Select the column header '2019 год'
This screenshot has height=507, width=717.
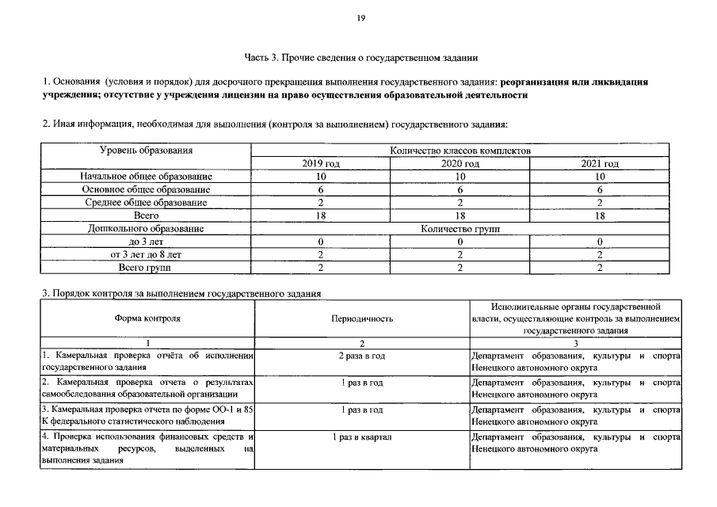321,163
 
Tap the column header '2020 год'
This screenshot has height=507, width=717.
460,163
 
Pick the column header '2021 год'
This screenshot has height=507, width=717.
600,163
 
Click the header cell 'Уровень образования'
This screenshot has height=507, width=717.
147,150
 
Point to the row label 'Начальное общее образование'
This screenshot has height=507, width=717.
147,177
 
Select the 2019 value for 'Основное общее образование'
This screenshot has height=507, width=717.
321,189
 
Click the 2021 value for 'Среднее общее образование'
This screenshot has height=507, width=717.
600,203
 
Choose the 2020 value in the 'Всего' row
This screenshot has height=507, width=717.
460,215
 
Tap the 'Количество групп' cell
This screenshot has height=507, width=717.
460,229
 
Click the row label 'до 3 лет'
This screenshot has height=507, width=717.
147,242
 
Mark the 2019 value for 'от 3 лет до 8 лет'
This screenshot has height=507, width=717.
321,255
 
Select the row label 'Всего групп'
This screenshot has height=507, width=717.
147,268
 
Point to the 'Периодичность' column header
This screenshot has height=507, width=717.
361,318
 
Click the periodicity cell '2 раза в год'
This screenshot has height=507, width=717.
361,356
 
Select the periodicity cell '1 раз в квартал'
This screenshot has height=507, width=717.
361,437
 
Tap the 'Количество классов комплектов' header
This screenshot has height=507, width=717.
460,150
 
